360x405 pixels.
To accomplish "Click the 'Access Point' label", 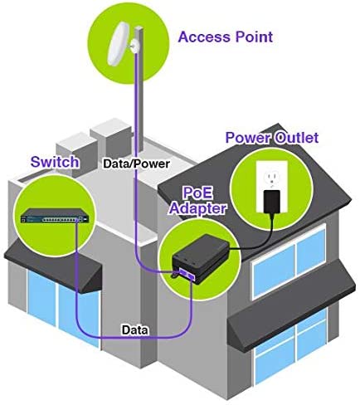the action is (226, 37).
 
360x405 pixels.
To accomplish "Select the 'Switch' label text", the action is (55, 162).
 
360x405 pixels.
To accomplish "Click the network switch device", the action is (55, 216).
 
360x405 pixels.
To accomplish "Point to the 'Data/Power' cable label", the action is (136, 163).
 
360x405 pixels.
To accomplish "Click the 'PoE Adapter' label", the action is (197, 201).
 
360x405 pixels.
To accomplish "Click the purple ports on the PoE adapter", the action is (187, 274).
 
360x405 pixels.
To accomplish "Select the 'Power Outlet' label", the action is (272, 138).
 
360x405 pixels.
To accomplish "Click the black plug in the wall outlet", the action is (272, 202).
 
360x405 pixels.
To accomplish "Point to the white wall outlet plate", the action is (272, 187).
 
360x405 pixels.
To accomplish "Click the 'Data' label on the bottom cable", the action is (135, 329).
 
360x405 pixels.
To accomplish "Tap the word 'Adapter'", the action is (197, 208).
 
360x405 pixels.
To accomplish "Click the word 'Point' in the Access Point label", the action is (254, 37).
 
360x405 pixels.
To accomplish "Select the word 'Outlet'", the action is (297, 138).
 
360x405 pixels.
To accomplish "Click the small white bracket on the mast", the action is (134, 46).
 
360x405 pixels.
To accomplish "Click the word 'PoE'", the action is (197, 193).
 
